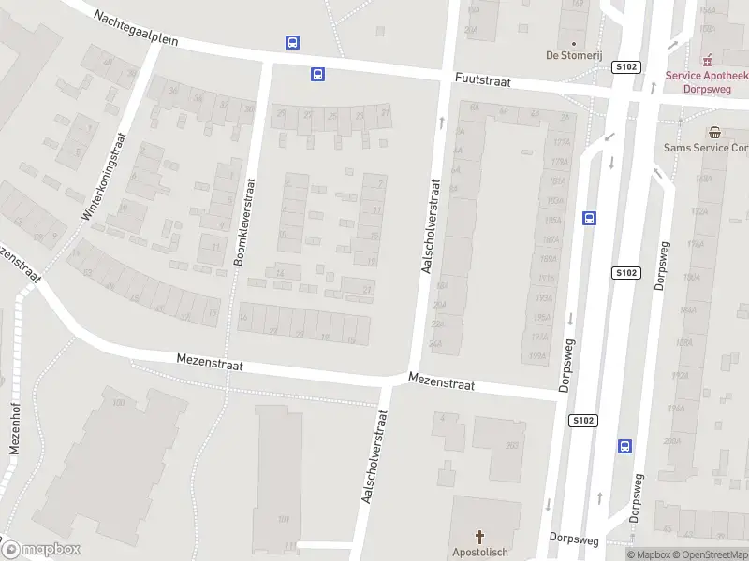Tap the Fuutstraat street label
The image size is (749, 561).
(x=482, y=81)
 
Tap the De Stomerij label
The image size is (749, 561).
(x=572, y=54)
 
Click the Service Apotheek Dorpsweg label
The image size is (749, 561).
(x=707, y=82)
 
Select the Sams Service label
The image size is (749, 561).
(x=705, y=148)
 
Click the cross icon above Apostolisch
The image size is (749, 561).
(x=481, y=537)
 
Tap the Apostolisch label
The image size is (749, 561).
(x=481, y=553)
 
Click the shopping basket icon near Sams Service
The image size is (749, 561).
(x=715, y=133)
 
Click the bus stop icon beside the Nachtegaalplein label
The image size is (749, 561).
(x=293, y=42)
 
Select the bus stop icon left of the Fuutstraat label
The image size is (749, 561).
(x=318, y=74)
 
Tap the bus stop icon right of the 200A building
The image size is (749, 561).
(x=624, y=447)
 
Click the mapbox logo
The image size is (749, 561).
(x=41, y=550)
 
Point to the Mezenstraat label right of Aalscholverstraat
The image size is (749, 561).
(x=441, y=383)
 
